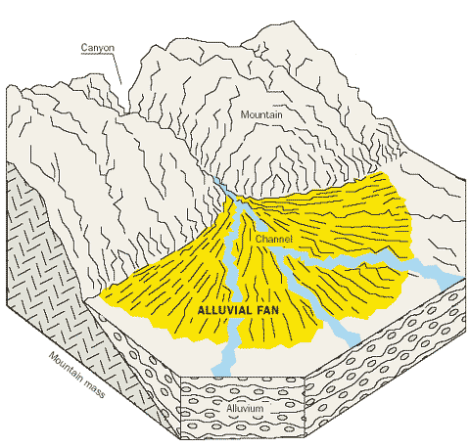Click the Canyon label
pyautogui.click(x=98, y=48)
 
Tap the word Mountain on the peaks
pyautogui.click(x=261, y=114)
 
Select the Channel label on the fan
pyautogui.click(x=273, y=239)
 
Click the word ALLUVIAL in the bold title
pyautogui.click(x=224, y=310)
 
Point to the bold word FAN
pyautogui.click(x=267, y=310)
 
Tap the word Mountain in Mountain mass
pyautogui.click(x=66, y=366)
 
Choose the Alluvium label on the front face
pyautogui.click(x=245, y=408)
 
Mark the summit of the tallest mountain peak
pyautogui.click(x=294, y=22)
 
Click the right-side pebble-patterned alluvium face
pyautogui.click(x=385, y=359)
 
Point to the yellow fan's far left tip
pyautogui.click(x=101, y=295)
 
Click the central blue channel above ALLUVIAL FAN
pyautogui.click(x=231, y=261)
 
